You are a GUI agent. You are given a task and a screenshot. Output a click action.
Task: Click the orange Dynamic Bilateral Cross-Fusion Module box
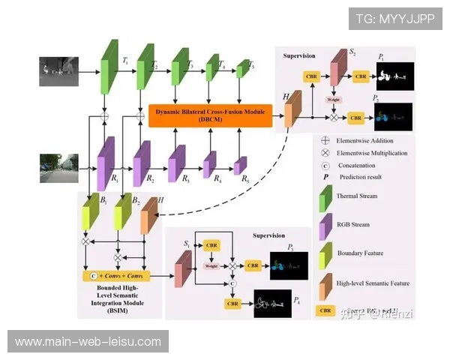pos(210,115)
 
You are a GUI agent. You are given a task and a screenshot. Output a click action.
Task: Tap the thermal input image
pos(60,70)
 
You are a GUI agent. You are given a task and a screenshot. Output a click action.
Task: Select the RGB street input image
pos(59,167)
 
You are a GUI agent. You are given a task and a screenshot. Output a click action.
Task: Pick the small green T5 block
pos(241,70)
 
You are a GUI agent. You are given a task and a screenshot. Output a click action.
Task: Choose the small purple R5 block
pos(241,165)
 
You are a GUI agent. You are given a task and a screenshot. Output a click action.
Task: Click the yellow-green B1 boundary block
pos(90,213)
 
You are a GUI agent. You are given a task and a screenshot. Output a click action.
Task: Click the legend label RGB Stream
pos(353,224)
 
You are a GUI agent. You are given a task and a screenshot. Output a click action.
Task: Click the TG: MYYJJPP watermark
pos(394,19)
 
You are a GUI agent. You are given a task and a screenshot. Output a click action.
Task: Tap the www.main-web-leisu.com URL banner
pos(88,342)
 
